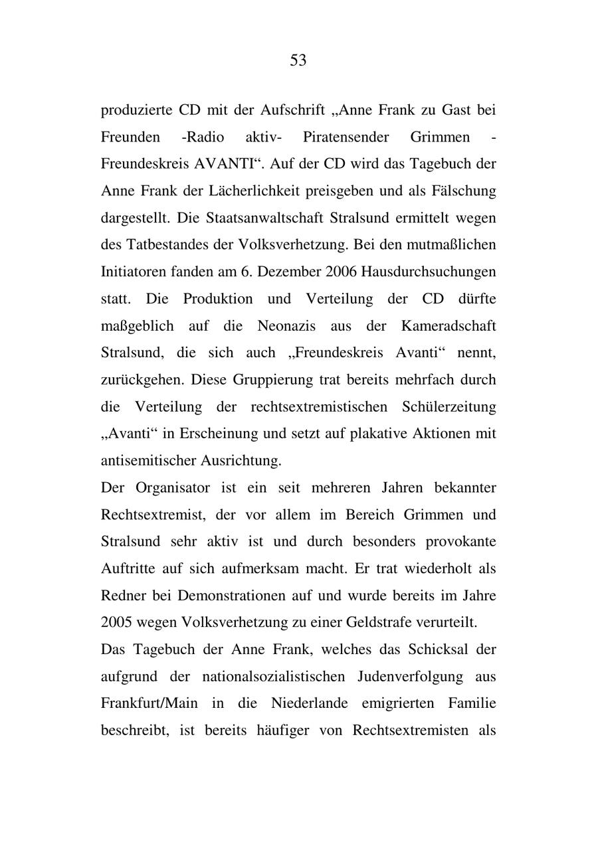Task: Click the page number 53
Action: (298, 61)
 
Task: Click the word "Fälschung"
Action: (464, 191)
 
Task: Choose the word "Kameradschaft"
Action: (448, 326)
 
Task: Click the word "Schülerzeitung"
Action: (448, 406)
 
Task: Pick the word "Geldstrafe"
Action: (377, 623)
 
